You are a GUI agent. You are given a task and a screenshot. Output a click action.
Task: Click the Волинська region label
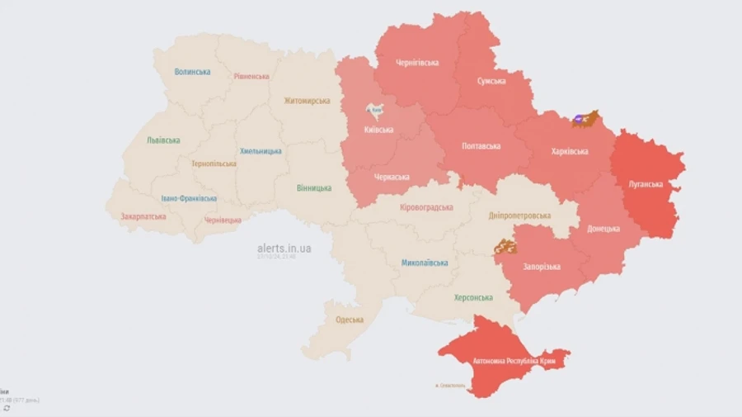[192, 72]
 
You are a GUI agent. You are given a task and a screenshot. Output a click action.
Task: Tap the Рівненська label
[251, 77]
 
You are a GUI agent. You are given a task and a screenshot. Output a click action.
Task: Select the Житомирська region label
[306, 101]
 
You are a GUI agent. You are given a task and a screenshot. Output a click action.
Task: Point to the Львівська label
[163, 140]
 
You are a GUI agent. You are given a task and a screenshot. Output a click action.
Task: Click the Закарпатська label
[137, 216]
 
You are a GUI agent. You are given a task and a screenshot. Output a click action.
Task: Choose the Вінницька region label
[314, 188]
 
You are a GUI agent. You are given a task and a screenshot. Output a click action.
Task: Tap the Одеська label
[349, 320]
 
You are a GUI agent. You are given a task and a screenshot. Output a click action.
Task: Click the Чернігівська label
[416, 63]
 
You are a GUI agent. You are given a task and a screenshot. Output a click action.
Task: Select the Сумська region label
[491, 81]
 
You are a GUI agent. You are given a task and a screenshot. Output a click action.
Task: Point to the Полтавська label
[481, 146]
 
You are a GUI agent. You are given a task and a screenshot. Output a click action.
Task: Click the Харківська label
[569, 152]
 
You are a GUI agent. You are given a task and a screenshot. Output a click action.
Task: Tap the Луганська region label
[646, 184]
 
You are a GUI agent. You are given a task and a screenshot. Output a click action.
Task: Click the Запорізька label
[542, 267]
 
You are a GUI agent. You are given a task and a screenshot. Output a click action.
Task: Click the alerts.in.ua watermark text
[284, 248]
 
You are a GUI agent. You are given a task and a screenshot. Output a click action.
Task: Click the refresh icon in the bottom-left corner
[7, 408]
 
